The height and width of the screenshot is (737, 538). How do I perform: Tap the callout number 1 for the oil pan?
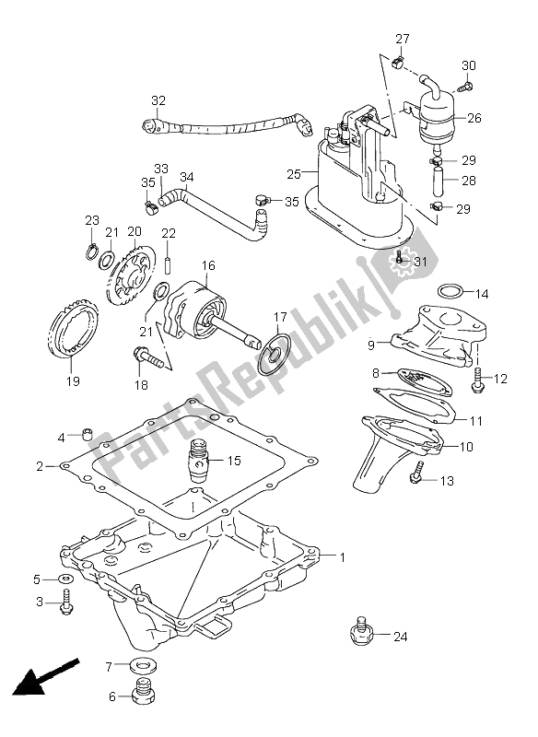[x=343, y=556]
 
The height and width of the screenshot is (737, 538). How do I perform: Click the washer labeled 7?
[x=143, y=665]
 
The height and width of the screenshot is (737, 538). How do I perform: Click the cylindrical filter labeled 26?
[x=439, y=115]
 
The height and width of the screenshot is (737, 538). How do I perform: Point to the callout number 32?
[x=158, y=101]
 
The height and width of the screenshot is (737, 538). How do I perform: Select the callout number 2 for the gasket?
[x=41, y=466]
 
